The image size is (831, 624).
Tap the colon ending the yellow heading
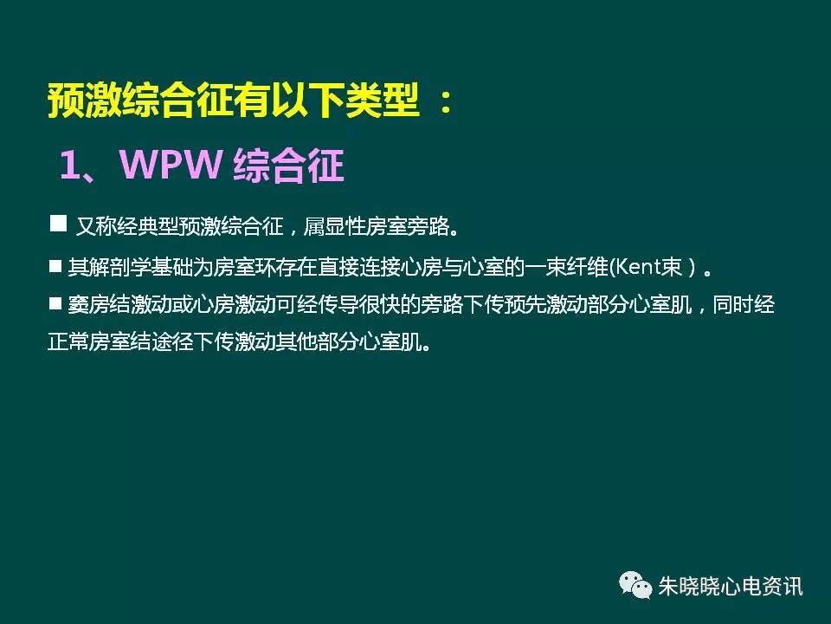[445, 104]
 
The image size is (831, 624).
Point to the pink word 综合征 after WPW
[289, 165]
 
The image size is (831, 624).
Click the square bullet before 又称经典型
[59, 224]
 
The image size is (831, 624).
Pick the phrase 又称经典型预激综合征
[180, 227]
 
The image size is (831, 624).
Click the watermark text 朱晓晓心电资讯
[730, 587]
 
